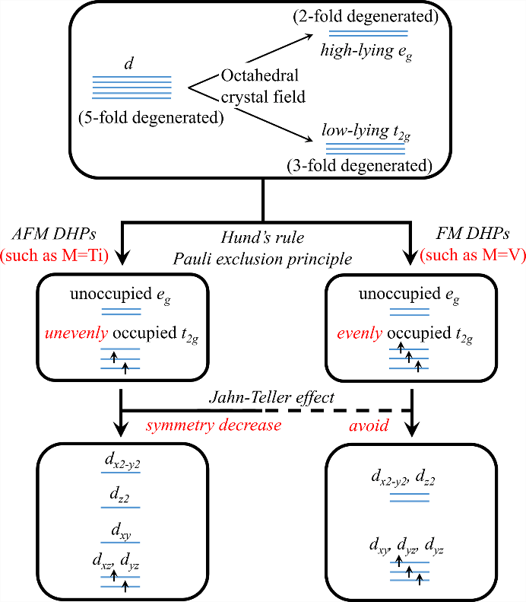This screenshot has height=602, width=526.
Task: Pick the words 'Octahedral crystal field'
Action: (254, 87)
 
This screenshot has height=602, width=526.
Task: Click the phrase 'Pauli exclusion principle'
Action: (262, 259)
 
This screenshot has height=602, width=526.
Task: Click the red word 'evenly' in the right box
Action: (358, 335)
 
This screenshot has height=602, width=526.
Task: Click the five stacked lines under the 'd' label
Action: (127, 88)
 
